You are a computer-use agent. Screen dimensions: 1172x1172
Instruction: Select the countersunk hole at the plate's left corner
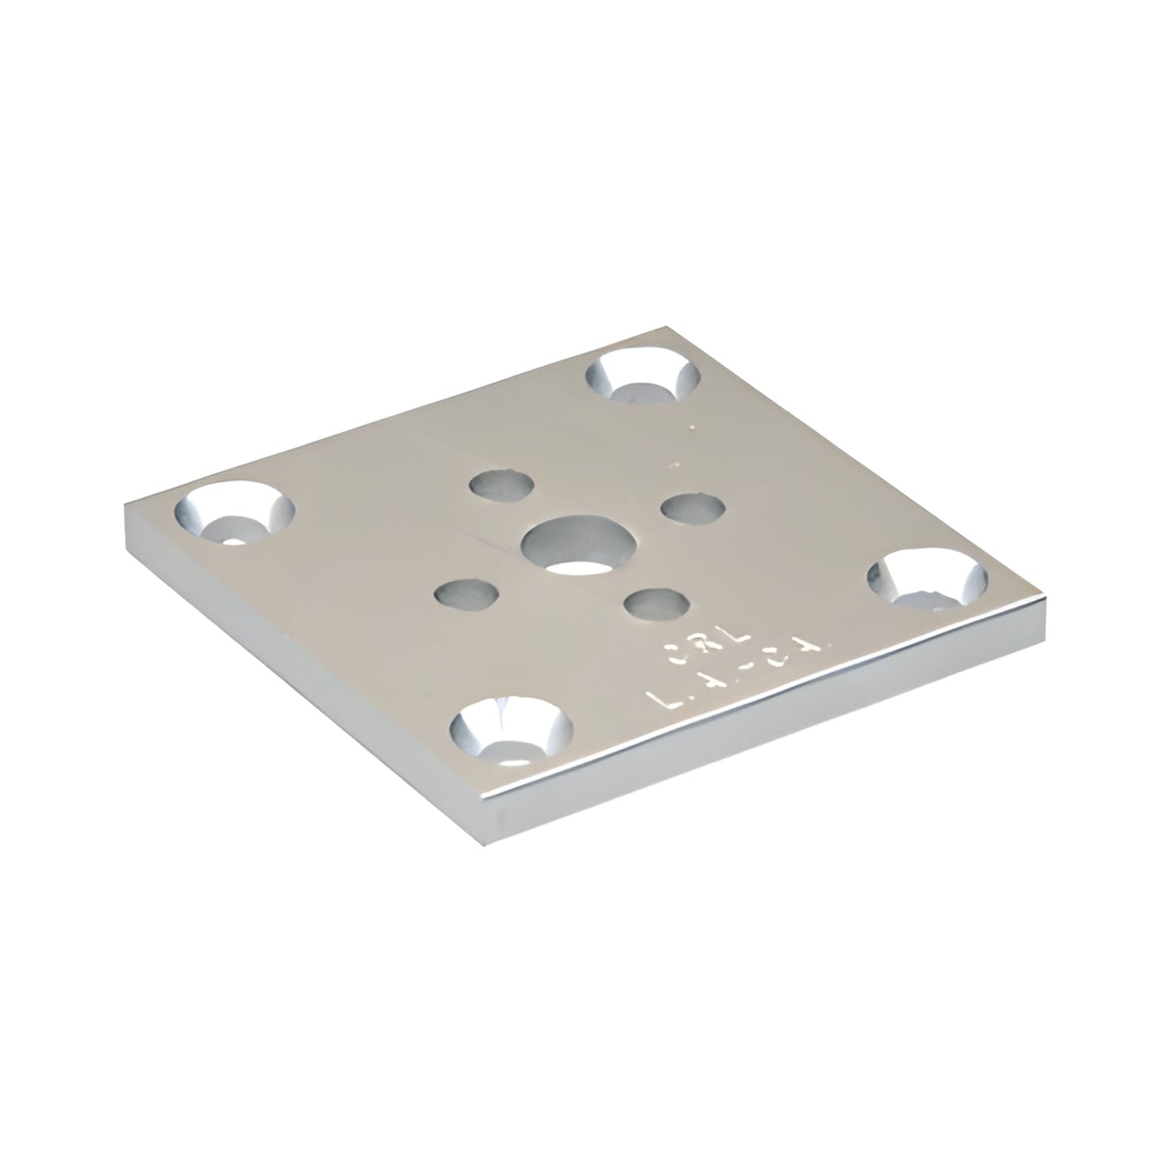234,513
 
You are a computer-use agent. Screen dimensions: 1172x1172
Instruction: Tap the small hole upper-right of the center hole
693,508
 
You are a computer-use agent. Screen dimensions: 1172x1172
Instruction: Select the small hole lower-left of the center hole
465,594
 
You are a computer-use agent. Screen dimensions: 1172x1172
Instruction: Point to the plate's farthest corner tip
667,328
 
